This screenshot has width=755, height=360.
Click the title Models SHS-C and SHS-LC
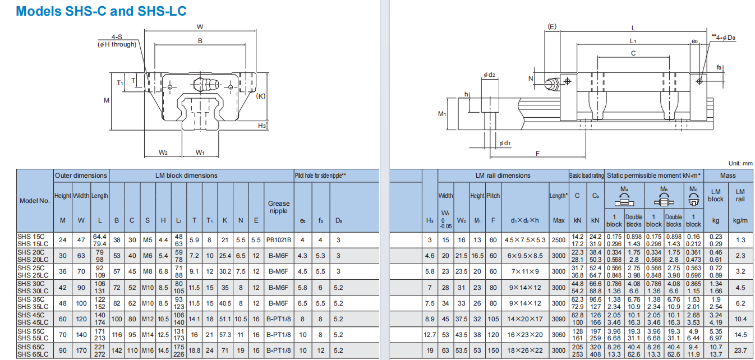tap(102, 11)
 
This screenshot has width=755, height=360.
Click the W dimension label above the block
tap(200, 27)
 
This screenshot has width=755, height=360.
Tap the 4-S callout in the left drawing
tap(117, 37)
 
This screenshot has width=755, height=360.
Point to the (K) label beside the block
tap(260, 96)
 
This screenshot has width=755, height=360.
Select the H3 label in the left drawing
tap(262, 126)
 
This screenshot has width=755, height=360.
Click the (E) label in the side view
tap(552, 26)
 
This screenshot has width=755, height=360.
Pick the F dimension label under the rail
tap(537, 153)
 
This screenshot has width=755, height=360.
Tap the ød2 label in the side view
tap(489, 75)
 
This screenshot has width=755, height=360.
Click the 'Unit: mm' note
tap(740, 163)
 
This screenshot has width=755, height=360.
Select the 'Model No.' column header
tap(35, 200)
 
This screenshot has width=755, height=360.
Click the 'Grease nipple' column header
tap(278, 207)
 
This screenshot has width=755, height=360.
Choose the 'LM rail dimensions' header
tap(503, 176)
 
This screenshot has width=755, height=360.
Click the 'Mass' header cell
tap(728, 176)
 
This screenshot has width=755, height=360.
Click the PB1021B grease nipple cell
tap(278, 239)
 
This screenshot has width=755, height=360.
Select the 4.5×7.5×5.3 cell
tap(525, 239)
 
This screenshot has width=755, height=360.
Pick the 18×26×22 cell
tap(525, 350)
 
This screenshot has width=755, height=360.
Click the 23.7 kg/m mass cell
tap(740, 350)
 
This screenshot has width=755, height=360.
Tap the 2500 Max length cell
tap(559, 239)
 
